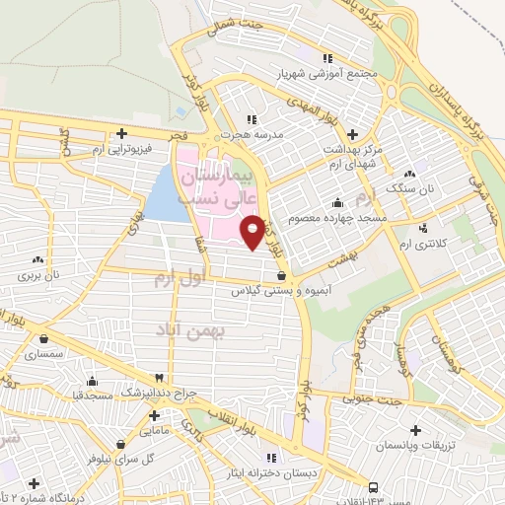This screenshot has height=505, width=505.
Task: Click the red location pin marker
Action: (x=252, y=232)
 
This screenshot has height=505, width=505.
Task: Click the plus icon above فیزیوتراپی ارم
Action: (x=121, y=133)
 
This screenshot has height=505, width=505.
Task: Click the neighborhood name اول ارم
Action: (x=179, y=279)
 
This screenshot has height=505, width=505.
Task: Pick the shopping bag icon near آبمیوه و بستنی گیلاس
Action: (x=283, y=276)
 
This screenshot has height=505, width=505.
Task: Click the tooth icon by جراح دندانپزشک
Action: (x=158, y=378)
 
